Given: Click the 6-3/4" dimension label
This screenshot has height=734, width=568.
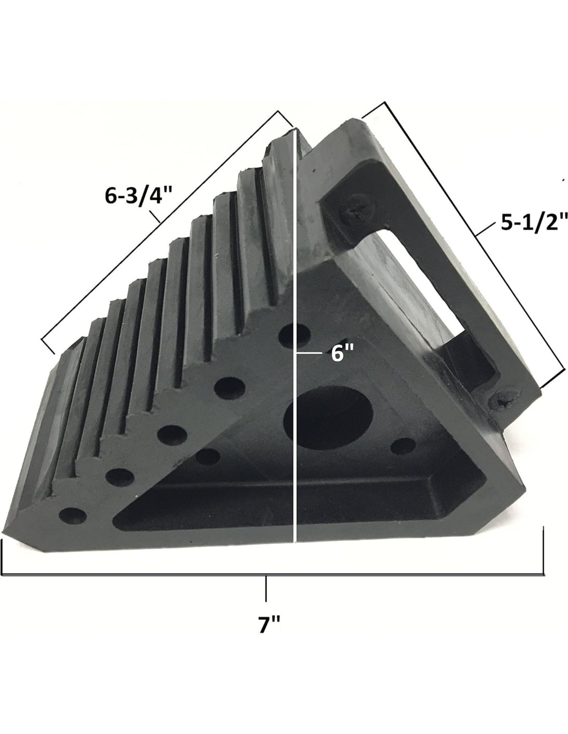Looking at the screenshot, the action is click(139, 196).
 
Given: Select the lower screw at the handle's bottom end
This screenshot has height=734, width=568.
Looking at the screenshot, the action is click(505, 402).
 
